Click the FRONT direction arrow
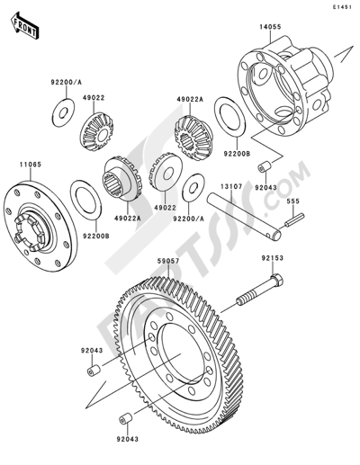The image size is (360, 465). click(x=24, y=26)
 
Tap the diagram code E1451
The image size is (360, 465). click(x=341, y=7)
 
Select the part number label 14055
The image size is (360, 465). click(x=270, y=27)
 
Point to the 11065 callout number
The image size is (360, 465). click(x=31, y=165)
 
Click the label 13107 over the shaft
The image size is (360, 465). click(x=231, y=186)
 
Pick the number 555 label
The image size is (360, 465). click(x=292, y=201)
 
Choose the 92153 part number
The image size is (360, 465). click(x=272, y=258)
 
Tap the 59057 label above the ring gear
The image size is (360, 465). click(x=168, y=261)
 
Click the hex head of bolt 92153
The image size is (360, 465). click(x=277, y=280)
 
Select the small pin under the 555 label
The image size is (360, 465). click(x=294, y=219)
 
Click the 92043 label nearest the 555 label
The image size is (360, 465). click(x=266, y=188)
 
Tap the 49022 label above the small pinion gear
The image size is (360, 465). click(x=94, y=98)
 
